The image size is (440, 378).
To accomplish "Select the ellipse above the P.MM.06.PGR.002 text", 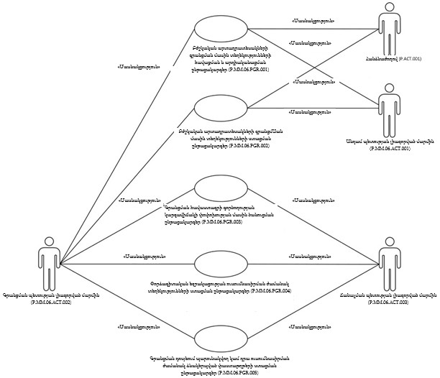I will tap(221, 106).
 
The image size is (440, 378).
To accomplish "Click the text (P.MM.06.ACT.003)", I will tap(388, 303).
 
